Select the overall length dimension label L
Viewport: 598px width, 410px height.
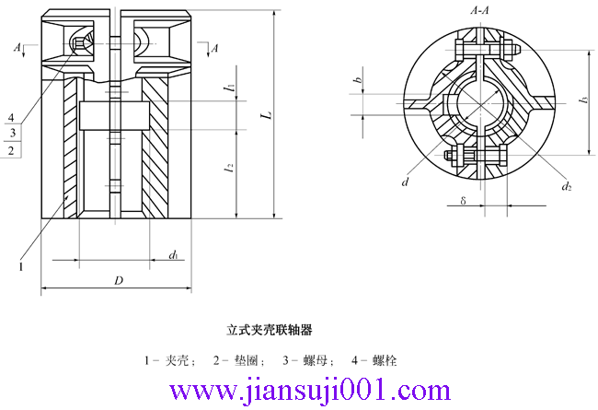(x=266, y=116)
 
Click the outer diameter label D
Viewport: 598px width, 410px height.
(x=118, y=279)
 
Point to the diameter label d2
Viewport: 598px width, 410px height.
(x=567, y=187)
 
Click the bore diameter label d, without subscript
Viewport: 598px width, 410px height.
(x=405, y=182)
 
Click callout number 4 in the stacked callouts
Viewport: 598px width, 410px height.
(x=11, y=118)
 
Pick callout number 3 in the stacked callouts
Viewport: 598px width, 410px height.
(x=11, y=133)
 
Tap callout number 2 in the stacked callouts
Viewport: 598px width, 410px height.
(x=11, y=149)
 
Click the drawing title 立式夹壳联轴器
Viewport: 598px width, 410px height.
(x=270, y=328)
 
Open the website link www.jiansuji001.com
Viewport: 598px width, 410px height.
(x=298, y=392)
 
